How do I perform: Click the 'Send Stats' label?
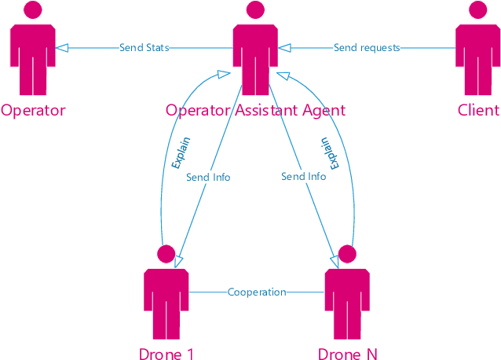(144, 48)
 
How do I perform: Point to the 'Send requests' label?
(367, 48)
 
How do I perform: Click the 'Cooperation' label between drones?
(257, 292)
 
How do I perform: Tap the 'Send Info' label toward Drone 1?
(208, 177)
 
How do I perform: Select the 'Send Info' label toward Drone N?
(303, 177)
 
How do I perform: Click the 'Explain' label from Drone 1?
(181, 153)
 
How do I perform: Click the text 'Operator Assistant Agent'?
(255, 110)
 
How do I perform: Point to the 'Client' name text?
(478, 110)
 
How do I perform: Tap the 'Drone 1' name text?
(166, 354)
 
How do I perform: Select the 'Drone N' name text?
(347, 354)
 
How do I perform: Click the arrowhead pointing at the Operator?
(62, 48)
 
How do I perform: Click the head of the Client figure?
(478, 10)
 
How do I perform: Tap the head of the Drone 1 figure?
(166, 254)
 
